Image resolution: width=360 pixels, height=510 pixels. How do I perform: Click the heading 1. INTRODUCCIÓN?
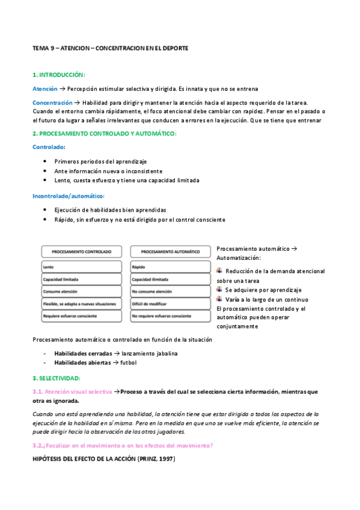point(59,75)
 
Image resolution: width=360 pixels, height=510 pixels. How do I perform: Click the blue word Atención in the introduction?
point(45,88)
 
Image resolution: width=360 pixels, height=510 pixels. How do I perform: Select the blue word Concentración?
point(52,103)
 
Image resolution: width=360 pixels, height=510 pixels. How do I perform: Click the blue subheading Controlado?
point(49,147)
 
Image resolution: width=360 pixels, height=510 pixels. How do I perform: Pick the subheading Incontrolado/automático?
point(68,195)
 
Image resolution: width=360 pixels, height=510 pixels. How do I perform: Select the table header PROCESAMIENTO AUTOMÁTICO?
point(169,252)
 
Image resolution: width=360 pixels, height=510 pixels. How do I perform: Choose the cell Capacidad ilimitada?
point(150,280)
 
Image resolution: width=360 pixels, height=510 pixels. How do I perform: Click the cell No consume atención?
point(151,292)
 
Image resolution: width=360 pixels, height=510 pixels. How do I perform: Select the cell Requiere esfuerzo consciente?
point(70,316)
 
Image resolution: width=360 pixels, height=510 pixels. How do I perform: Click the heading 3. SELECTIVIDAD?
point(56,378)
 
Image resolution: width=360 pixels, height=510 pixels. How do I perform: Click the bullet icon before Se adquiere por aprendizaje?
point(219,289)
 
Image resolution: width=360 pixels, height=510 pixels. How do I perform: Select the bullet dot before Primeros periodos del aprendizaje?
point(46,161)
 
